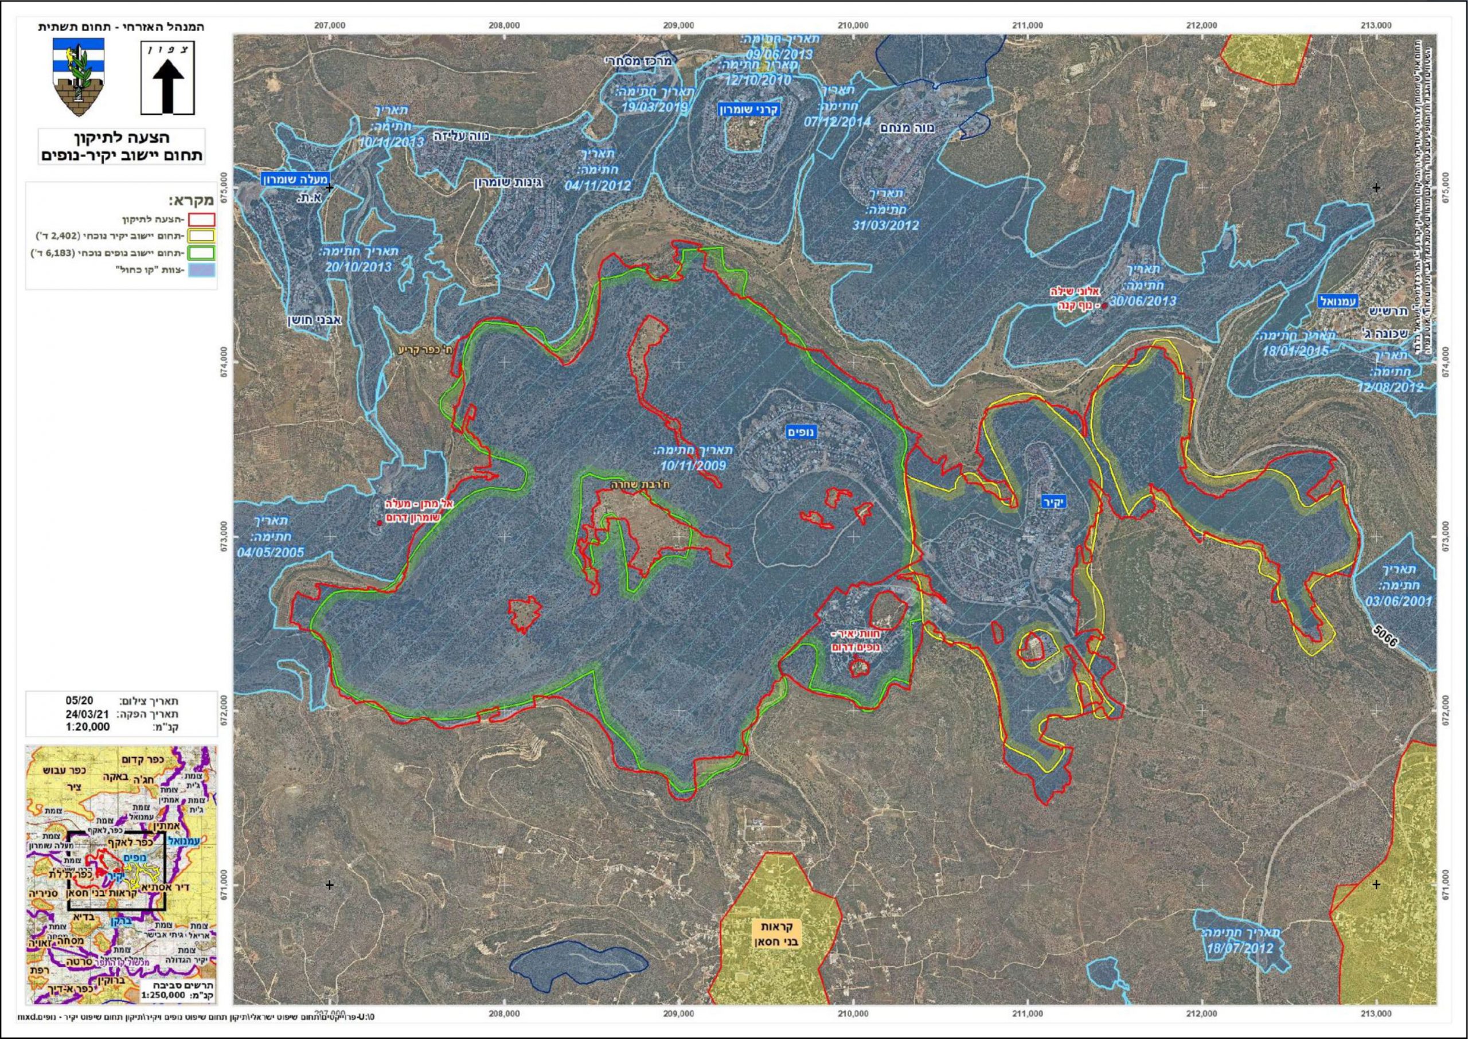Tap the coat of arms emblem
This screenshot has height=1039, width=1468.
77,77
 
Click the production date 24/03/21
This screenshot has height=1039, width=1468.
88,714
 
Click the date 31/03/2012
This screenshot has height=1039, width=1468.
885,225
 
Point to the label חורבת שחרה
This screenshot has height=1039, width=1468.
637,486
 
